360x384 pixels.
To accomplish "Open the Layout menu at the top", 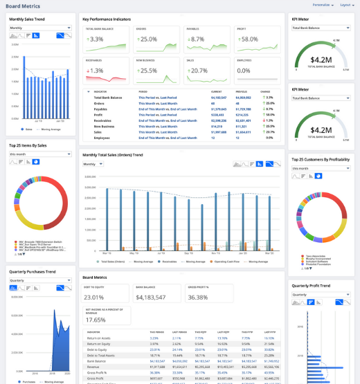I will click(x=347, y=4).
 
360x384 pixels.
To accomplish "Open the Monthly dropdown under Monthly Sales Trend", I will click(x=39, y=28).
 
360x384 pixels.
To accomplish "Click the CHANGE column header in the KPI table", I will click(x=264, y=91).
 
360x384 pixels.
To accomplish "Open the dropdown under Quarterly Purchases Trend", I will click(x=39, y=280).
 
